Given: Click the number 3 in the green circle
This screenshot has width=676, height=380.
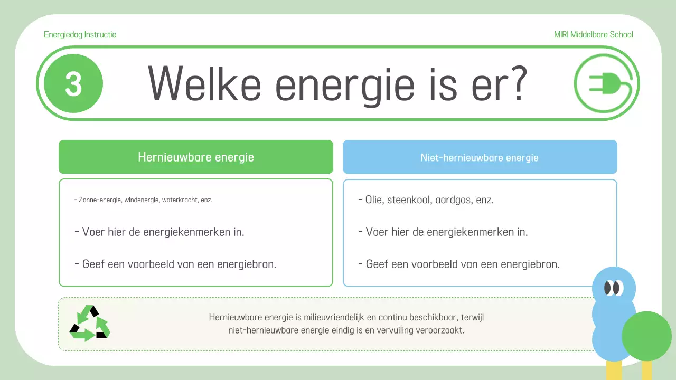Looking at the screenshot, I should pos(73,84).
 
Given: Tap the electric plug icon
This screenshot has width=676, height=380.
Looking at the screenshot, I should pos(606,83).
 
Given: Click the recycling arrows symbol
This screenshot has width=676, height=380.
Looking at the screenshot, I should pos(89,323).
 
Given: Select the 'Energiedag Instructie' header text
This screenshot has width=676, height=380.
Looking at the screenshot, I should pos(80,35).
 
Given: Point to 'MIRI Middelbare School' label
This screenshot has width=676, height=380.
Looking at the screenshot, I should pos(593,35).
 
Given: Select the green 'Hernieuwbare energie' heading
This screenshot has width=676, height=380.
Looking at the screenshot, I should pos(196,157).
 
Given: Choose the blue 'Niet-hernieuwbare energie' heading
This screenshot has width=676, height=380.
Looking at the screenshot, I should pos(480,157).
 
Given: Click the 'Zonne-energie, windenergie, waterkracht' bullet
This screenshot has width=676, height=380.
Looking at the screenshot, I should pos(144,201).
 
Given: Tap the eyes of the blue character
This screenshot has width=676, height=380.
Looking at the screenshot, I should pos(613,288).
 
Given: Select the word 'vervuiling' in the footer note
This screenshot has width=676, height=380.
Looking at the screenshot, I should pos(392,331).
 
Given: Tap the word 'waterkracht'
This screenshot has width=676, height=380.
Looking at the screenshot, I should pos(180,201).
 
